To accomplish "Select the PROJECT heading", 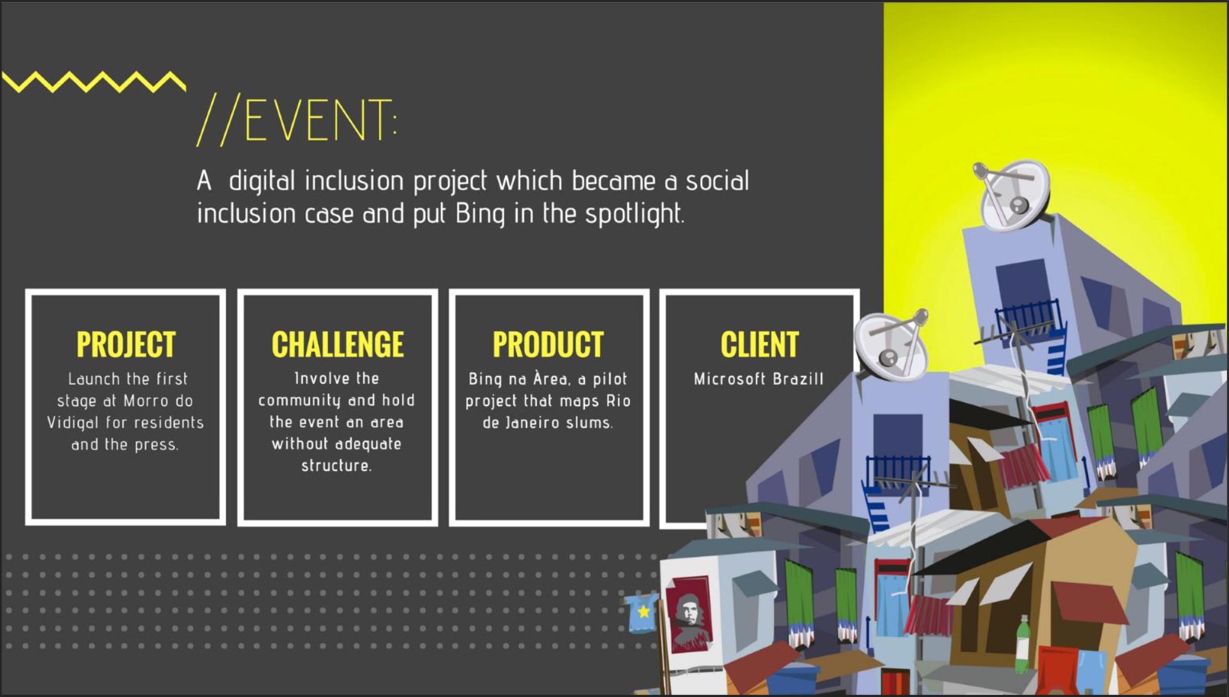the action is [126, 344].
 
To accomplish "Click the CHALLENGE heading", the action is [338, 344].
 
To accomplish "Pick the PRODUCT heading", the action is [548, 344].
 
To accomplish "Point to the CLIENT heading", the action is [760, 344].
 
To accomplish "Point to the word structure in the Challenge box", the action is [337, 466].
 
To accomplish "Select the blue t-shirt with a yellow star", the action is [642, 612].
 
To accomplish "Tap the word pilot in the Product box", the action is [610, 379].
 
